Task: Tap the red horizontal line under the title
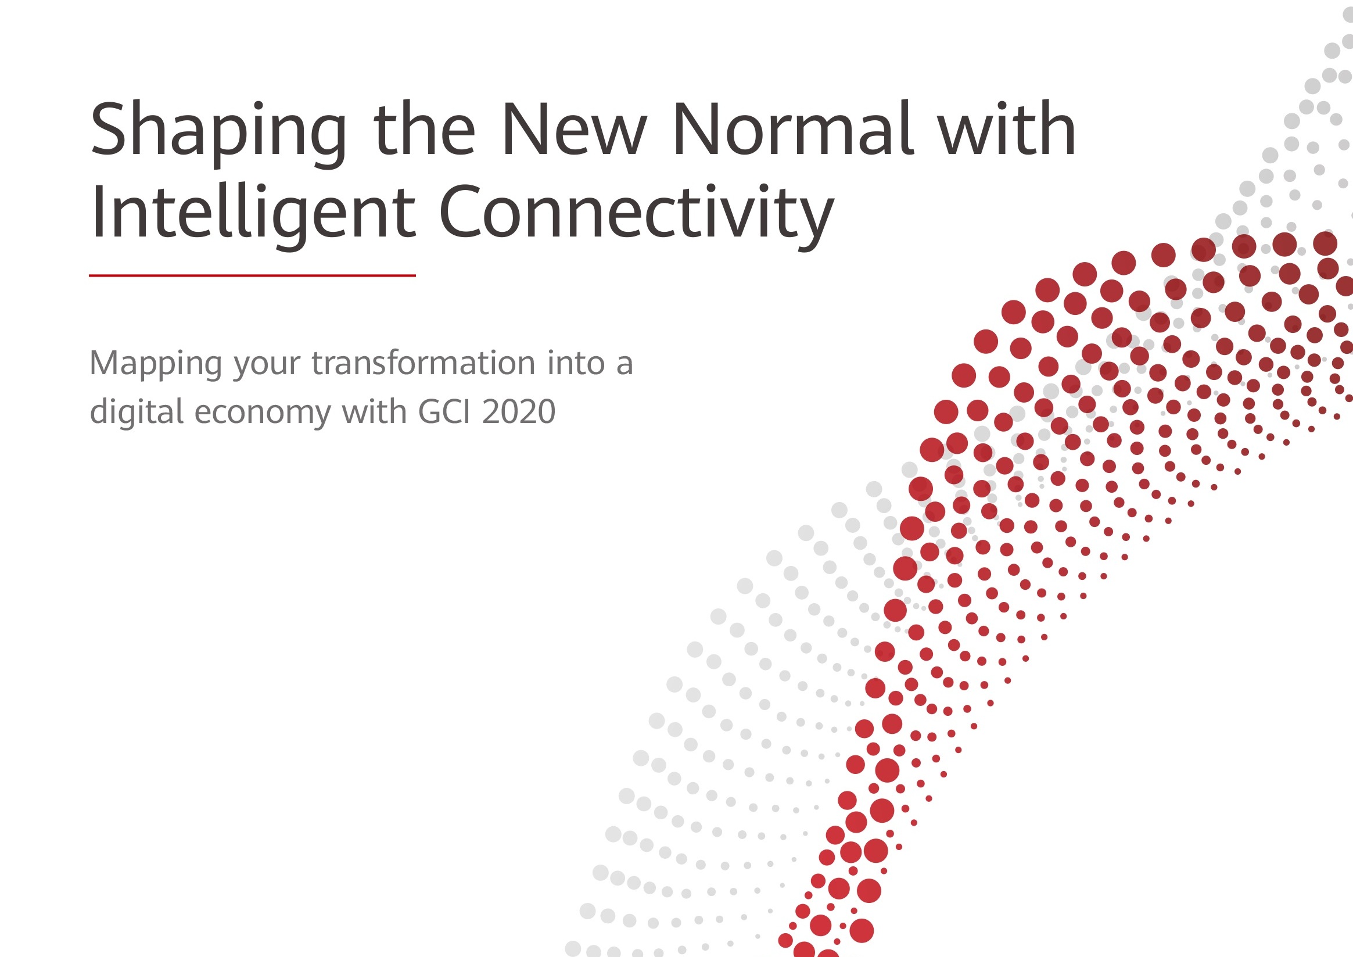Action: point(252,275)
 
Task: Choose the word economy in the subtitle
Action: point(263,415)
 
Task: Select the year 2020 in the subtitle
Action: point(519,411)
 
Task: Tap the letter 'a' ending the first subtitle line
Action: point(625,365)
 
